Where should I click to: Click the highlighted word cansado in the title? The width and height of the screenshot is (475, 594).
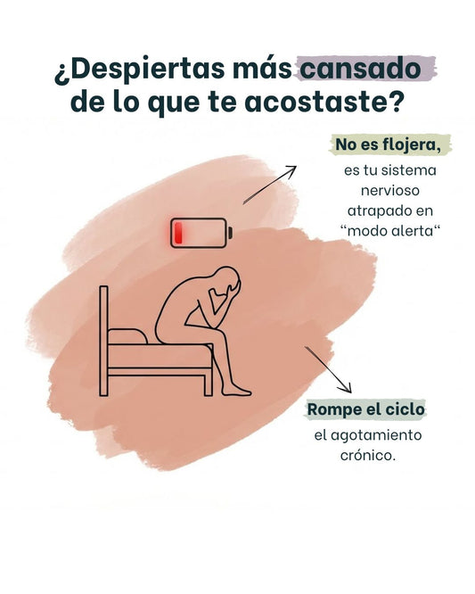360,69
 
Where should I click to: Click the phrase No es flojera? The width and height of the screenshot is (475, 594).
389,144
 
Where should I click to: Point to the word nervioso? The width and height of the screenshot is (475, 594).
389,190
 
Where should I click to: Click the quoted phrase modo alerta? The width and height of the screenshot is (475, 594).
389,230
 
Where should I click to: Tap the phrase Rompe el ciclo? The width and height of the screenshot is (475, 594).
365,409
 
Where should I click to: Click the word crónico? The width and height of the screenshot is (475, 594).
367,455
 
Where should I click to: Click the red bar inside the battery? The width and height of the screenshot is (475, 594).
178,233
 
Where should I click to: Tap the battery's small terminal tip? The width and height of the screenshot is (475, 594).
230,233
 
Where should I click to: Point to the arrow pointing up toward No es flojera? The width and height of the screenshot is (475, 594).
269,185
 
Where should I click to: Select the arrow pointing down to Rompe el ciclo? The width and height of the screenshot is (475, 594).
328,369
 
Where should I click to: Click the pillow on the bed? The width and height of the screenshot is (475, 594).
127,336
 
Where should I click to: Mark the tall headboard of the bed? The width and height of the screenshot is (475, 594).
103,341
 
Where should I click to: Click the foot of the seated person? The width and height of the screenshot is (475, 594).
236,391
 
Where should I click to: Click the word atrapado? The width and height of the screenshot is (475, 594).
373,210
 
